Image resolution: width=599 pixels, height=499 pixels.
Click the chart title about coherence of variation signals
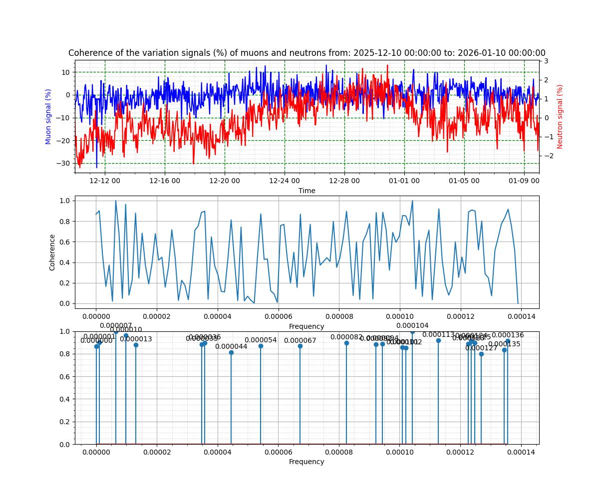tap(306, 53)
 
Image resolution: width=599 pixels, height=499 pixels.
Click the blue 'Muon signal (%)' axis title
tap(48, 116)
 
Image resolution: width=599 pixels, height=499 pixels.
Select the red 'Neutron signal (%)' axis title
tap(560, 116)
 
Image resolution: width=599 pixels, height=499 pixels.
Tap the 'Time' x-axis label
tap(306, 191)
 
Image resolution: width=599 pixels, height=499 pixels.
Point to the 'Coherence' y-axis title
tap(52, 252)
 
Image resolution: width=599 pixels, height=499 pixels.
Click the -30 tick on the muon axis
tap(65, 163)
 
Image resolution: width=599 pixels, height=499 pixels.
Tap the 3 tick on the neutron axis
tap(546, 61)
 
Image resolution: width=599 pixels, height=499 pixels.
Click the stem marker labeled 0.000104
tap(412, 332)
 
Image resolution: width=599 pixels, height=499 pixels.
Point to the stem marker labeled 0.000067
tap(300, 346)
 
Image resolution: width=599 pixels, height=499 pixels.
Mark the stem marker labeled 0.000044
tap(231, 352)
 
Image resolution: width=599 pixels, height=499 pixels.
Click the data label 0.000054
tap(261, 340)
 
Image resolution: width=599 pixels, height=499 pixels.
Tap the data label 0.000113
tap(438, 334)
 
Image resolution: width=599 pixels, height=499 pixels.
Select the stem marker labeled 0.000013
tap(136, 345)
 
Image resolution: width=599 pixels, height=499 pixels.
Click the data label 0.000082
tap(346, 337)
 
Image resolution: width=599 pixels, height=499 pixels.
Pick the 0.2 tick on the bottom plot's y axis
tap(67, 422)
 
